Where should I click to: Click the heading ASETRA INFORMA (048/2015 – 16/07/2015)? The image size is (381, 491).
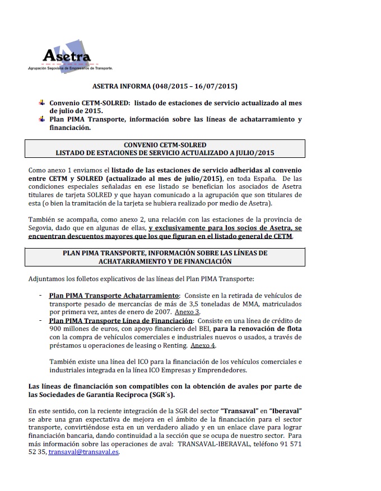(x=165, y=87)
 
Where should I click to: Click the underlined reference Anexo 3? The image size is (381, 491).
(x=187, y=311)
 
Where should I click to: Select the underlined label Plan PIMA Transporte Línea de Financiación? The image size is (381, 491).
(x=121, y=320)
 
